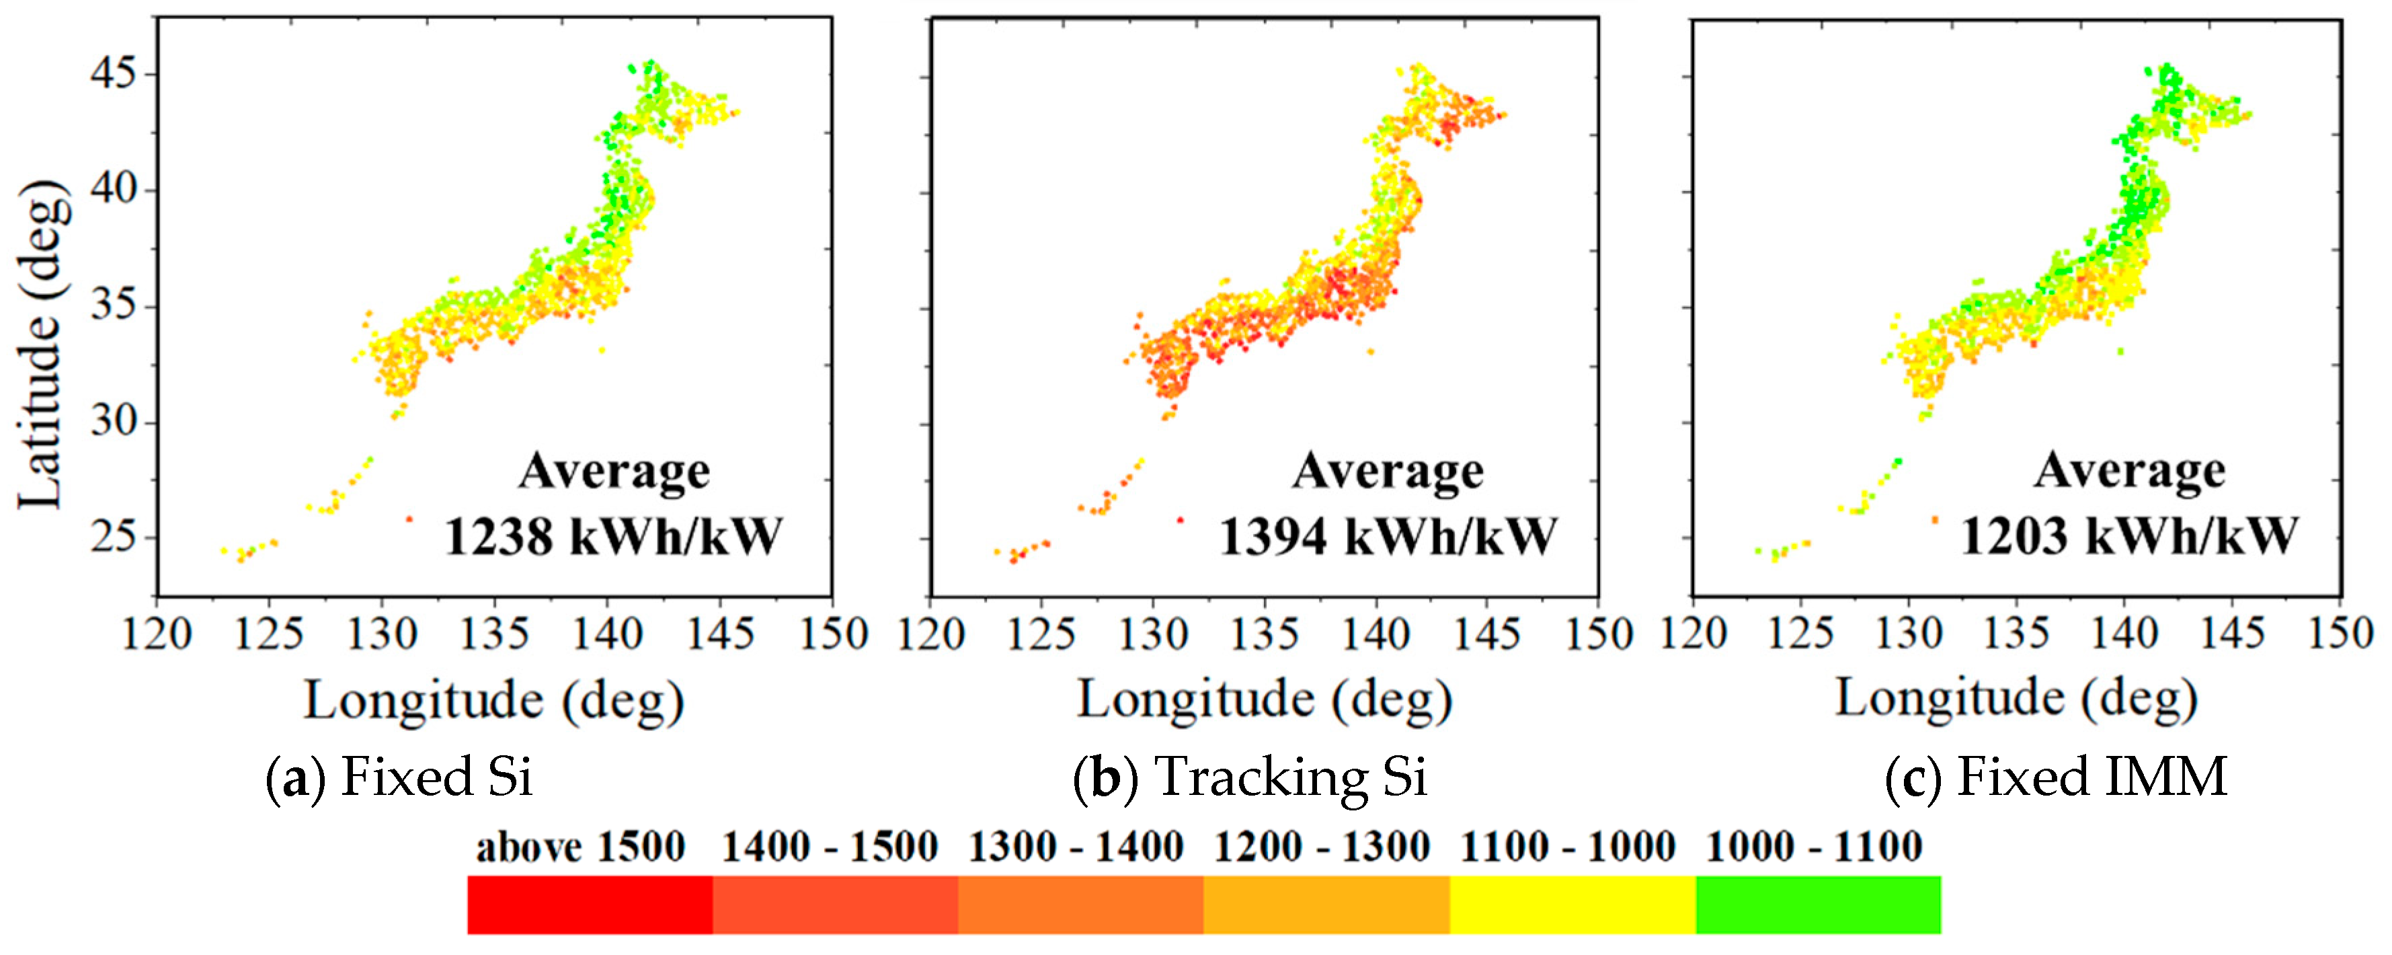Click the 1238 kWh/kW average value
pyautogui.click(x=613, y=537)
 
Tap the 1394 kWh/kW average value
pyautogui.click(x=1388, y=537)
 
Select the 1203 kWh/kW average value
pyautogui.click(x=2129, y=536)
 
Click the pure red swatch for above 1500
pyautogui.click(x=590, y=904)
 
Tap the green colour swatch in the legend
pyautogui.click(x=1818, y=904)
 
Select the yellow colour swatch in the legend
pyautogui.click(x=1572, y=904)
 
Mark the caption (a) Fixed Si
pyautogui.click(x=400, y=777)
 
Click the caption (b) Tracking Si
pyautogui.click(x=1250, y=777)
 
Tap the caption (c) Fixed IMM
pyautogui.click(x=2057, y=777)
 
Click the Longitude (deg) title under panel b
pyautogui.click(x=1264, y=699)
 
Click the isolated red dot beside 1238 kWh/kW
pyautogui.click(x=409, y=519)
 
